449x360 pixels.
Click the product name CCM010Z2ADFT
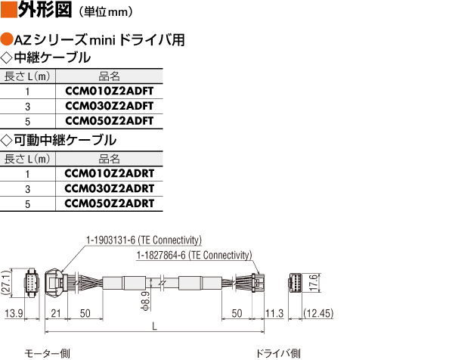coord(110,91)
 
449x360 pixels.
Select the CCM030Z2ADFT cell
coord(110,106)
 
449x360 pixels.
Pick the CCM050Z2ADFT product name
coord(110,121)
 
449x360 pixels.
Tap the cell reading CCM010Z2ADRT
coord(110,173)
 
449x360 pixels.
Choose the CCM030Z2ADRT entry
coord(110,188)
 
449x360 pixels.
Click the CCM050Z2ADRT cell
coord(110,203)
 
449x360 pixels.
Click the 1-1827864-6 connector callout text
coord(194,255)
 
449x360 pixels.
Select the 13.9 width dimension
coord(14,313)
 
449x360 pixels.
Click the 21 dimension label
coord(55,313)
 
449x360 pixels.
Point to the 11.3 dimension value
coord(274,313)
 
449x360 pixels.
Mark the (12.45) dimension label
coord(318,313)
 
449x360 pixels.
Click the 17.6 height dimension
coord(314,282)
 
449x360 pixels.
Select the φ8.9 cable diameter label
coord(146,301)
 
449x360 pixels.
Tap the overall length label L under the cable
coord(154,326)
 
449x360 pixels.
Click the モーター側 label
coord(47,354)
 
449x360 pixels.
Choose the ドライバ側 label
coord(277,354)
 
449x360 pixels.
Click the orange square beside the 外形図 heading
coord(9,9)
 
